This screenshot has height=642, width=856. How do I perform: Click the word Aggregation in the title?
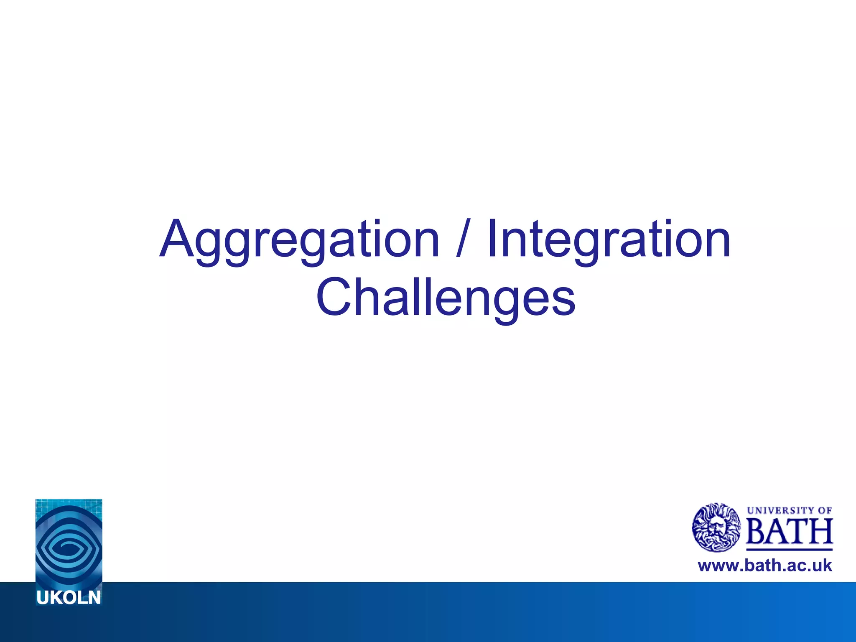tap(299, 240)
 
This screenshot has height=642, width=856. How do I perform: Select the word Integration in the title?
tap(609, 240)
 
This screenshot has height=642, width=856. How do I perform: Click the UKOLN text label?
tap(69, 598)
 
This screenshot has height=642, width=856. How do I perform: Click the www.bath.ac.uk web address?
tap(765, 566)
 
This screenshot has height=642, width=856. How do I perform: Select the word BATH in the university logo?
tap(789, 531)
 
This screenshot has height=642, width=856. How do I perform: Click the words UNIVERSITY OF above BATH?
tap(789, 510)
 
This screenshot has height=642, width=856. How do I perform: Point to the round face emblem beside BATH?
tap(716, 527)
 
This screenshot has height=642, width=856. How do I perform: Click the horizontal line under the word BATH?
tap(789, 549)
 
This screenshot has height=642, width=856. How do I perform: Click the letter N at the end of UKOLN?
tap(94, 598)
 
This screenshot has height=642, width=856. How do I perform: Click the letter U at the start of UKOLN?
tap(43, 598)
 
